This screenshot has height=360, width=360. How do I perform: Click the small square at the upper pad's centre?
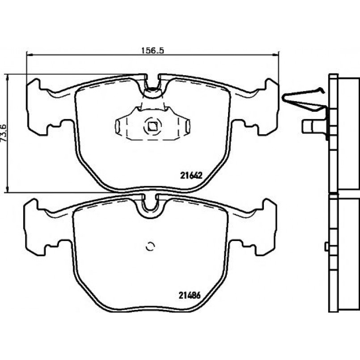(x=152, y=127)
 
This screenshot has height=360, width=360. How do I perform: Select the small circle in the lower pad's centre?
(x=150, y=246)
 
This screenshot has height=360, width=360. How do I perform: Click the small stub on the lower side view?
(x=326, y=246)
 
